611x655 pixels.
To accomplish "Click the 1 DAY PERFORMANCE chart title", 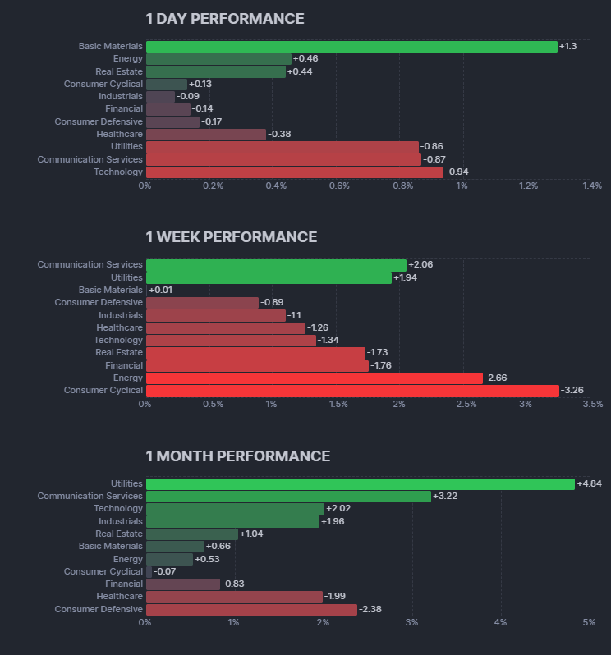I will point(224,19).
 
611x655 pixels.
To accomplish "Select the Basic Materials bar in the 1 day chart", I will point(351,47).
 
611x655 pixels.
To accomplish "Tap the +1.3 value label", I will point(567,47).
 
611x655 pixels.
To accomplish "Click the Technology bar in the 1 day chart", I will point(294,172).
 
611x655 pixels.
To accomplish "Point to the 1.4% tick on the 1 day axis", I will point(591,186).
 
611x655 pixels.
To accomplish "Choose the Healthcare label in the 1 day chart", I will point(119,135).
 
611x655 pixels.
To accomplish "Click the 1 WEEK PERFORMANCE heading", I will point(231,237).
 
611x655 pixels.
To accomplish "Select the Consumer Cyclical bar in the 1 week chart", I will point(351,391).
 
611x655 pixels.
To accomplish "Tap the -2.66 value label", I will point(496,378).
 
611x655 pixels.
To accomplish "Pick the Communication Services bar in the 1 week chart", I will point(275,265).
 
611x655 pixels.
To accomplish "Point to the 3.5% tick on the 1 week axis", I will point(592,405).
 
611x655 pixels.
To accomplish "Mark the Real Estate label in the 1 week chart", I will point(119,353).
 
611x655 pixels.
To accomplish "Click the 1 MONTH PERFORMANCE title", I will point(237,456).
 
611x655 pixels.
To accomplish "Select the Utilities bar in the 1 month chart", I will point(360,484).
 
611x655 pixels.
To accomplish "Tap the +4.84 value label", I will point(589,484).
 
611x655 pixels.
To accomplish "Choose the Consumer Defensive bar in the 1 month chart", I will point(251,610).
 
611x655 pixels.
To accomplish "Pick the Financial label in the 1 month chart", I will point(124,584).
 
